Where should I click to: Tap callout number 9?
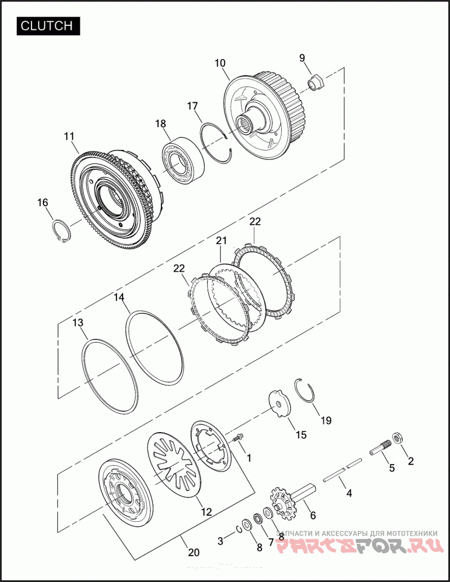point(302,58)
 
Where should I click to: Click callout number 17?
point(192,106)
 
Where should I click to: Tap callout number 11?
point(69,136)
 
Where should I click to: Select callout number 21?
point(222,241)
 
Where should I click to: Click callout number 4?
point(349,493)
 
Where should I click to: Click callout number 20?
point(193,552)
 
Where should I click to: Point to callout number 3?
point(220,541)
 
